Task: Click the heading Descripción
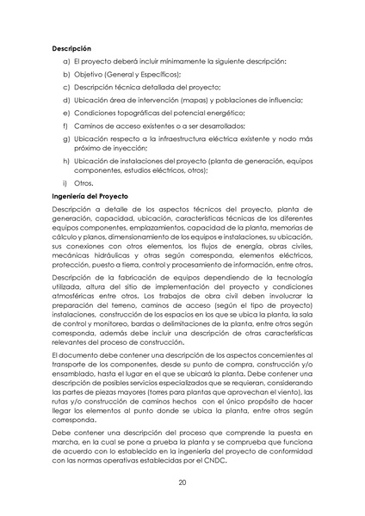click(x=72, y=48)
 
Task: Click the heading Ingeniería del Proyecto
click(x=90, y=197)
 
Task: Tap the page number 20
click(x=182, y=483)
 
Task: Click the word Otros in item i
click(x=84, y=183)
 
